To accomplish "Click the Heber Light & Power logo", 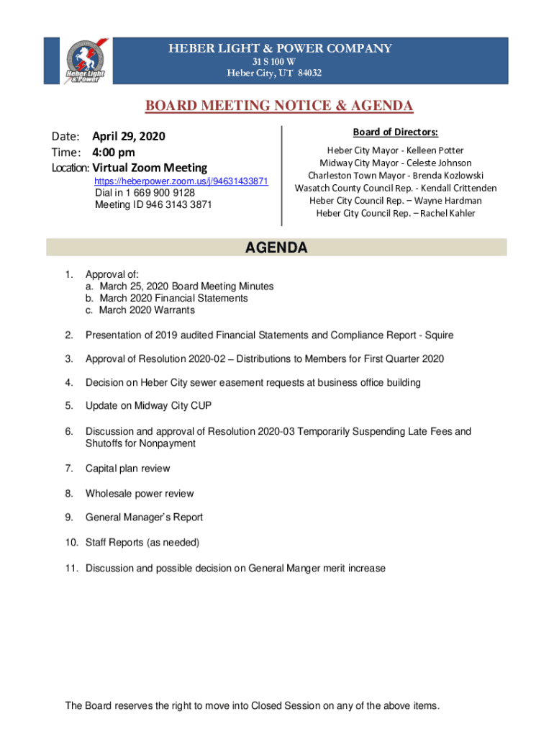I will pos(85,60).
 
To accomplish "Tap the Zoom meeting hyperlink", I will pos(181,182).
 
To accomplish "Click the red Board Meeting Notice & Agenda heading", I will pos(279,107).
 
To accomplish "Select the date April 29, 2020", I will pos(129,137).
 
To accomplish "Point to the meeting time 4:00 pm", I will pos(113,153).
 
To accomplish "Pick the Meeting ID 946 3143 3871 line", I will pos(153,204).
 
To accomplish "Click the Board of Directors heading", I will pos(395,132).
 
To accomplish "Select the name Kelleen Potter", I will pos(435,150).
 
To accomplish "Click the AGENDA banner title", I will pos(276,248).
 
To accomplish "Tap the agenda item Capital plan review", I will pos(128,469).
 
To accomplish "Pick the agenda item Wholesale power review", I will pos(140,494).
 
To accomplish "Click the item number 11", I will pos(71,569).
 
